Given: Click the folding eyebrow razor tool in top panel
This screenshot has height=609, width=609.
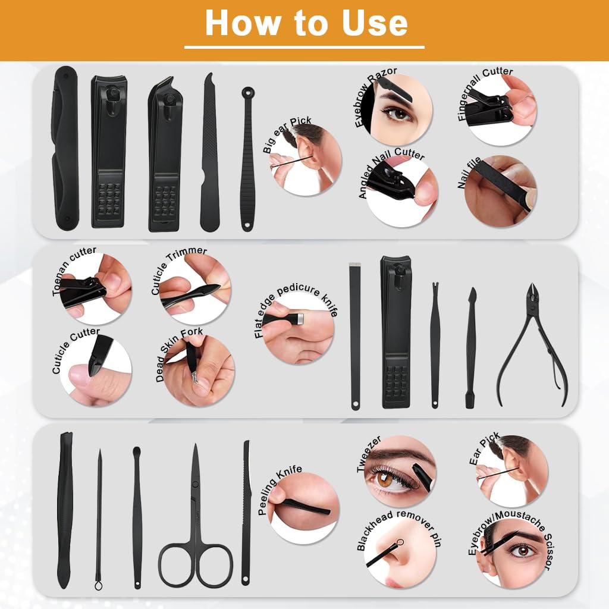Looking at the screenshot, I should click(65, 149).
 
